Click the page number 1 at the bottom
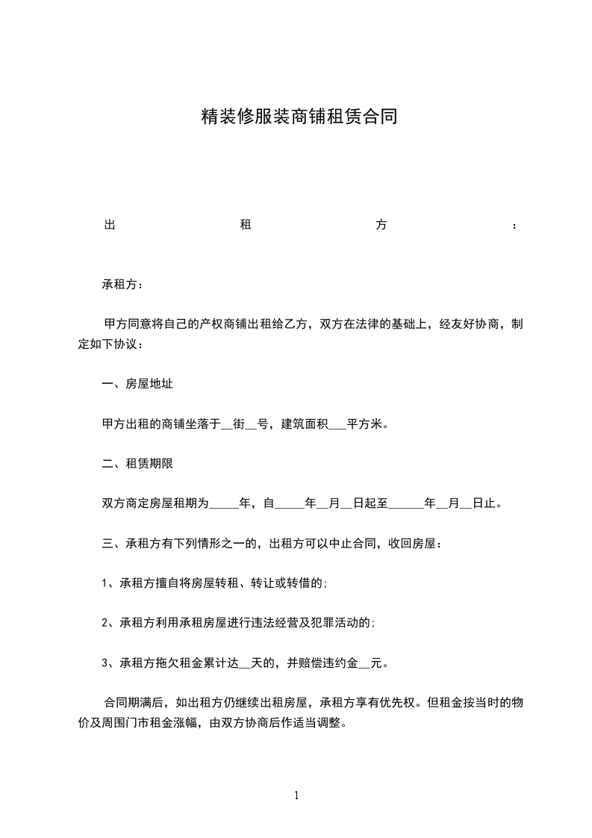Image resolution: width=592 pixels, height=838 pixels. point(296,795)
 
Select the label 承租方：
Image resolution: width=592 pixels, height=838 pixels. point(119,285)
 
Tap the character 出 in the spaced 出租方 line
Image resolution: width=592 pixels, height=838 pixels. point(108,226)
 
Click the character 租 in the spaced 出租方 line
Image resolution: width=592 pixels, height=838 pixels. point(244,226)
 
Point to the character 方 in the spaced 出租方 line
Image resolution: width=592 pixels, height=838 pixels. point(381,226)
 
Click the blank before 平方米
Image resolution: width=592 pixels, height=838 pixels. point(337,424)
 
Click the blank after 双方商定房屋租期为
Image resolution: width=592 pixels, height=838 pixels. point(223,504)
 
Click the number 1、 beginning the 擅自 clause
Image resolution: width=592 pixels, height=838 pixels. point(110,583)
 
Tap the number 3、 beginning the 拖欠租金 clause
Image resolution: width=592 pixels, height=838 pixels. point(110,662)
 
